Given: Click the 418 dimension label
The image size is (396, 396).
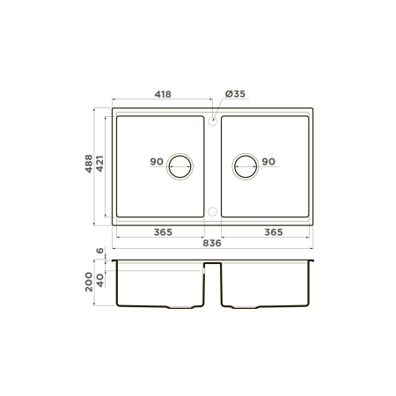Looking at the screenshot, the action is click(x=163, y=94).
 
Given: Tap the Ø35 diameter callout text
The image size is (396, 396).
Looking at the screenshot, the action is click(x=235, y=94).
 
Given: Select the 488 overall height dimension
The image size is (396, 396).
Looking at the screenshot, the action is click(x=89, y=164).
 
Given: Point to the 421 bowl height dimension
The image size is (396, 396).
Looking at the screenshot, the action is click(x=99, y=164).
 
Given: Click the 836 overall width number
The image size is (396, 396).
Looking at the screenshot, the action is click(x=212, y=243).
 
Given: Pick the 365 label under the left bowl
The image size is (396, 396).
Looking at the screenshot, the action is click(x=163, y=232).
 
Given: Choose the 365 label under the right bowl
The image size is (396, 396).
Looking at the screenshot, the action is click(x=274, y=232).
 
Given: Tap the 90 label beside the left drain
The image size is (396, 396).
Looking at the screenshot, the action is click(x=157, y=162).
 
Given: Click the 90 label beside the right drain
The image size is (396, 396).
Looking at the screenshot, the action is click(x=268, y=162).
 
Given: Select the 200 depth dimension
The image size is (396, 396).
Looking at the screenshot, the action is click(x=89, y=282).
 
